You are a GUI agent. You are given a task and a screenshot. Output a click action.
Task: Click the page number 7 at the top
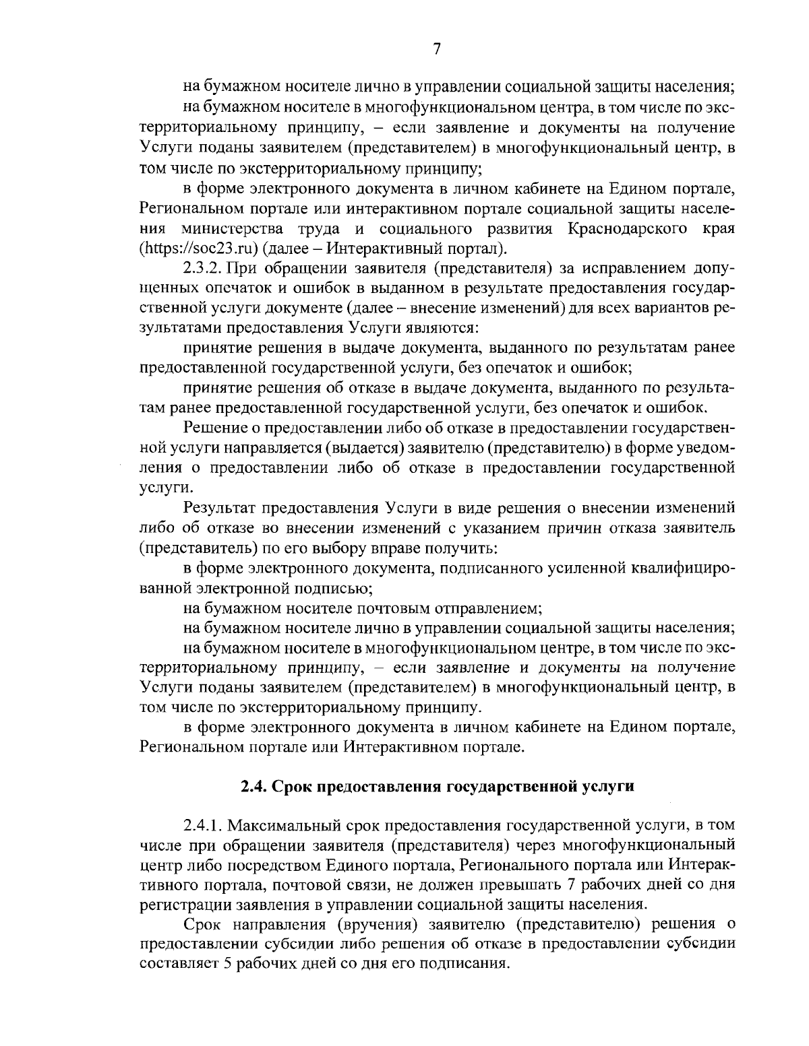[x=436, y=48]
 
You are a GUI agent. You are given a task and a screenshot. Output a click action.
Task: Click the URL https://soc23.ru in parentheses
[x=199, y=248]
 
